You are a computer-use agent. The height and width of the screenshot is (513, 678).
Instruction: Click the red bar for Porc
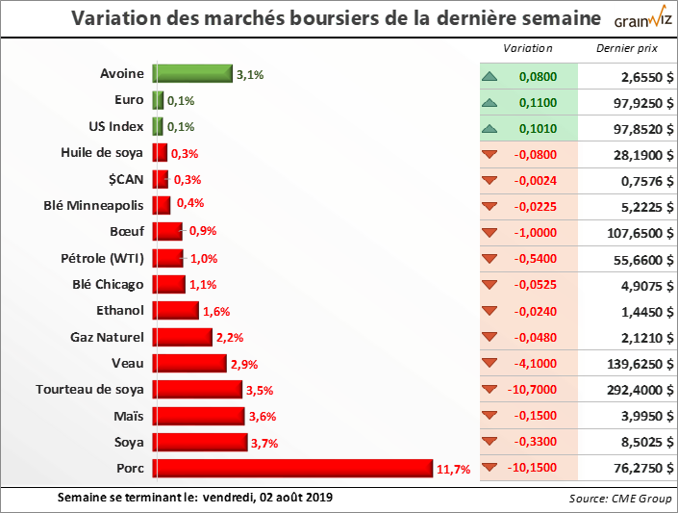[293, 469]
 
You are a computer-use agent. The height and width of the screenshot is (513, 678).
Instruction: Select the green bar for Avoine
[192, 74]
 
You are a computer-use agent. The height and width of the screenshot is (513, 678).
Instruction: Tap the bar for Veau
[189, 364]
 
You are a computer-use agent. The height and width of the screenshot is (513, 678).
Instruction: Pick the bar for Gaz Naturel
[183, 337]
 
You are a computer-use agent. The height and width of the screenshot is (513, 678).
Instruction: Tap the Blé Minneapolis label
[94, 205]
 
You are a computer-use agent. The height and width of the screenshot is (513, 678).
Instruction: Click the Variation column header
[528, 48]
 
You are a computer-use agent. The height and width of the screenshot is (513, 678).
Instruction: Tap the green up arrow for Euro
[490, 101]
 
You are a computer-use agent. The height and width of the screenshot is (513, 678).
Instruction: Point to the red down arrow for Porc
[490, 469]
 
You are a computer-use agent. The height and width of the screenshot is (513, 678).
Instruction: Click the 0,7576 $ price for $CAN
[636, 180]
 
